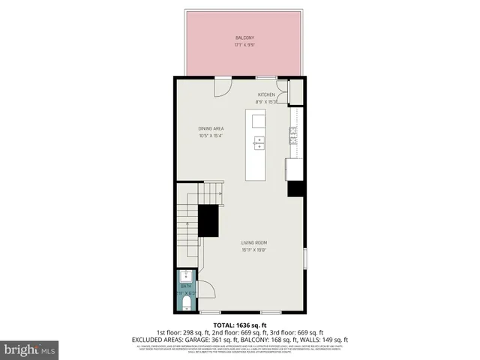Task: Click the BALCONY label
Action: click(244, 37)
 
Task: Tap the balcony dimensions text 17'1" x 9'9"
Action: click(244, 44)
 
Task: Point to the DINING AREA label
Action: click(211, 128)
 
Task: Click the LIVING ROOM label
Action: click(254, 243)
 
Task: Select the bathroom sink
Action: click(185, 276)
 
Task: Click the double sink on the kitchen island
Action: click(259, 142)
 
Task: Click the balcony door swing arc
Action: click(223, 87)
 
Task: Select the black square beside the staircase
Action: click(208, 220)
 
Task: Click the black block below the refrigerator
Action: click(295, 188)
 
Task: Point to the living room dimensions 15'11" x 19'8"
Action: click(254, 250)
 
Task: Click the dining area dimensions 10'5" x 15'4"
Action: click(211, 136)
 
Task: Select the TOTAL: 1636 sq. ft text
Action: click(240, 325)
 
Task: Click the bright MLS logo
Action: click(30, 349)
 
